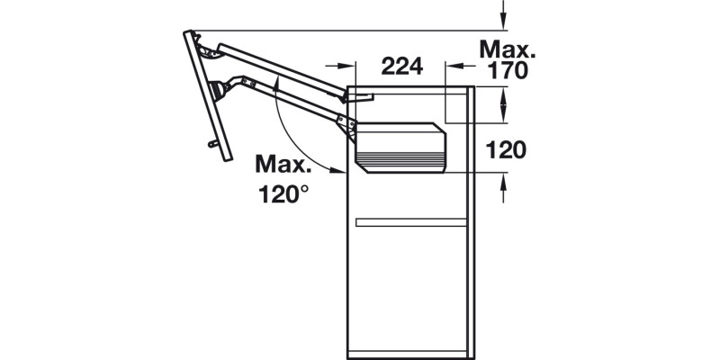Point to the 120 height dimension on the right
[x=506, y=150]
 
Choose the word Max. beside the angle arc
[x=284, y=164]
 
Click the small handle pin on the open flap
[x=212, y=142]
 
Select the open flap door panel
[x=206, y=94]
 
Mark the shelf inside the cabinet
[x=411, y=221]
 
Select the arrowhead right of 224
[x=457, y=66]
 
